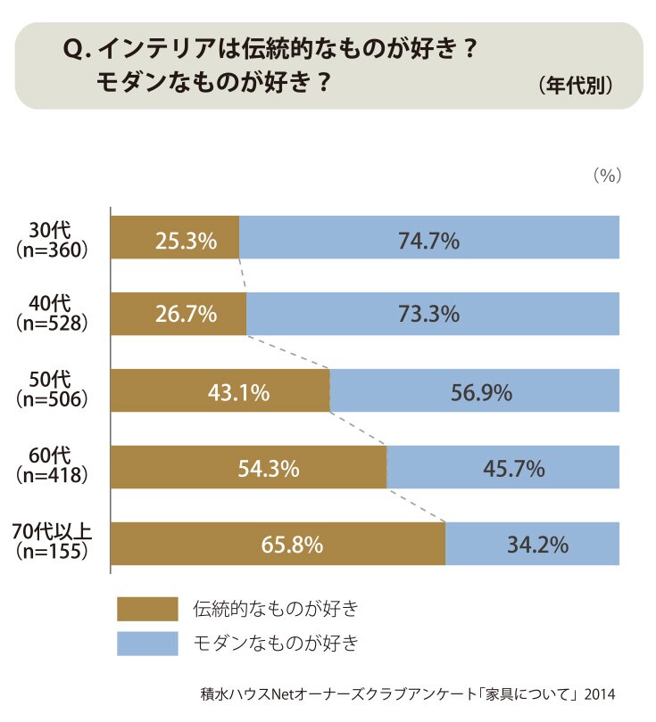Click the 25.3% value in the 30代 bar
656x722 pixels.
point(186,241)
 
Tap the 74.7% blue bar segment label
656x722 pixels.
point(428,241)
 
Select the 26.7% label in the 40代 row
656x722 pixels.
point(186,314)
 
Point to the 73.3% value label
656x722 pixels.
point(428,314)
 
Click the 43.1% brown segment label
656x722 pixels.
point(238,393)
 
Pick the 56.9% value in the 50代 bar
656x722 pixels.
point(481,393)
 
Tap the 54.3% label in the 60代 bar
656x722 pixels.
point(269,469)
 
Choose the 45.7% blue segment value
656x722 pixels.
point(513,469)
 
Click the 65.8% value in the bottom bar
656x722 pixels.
point(292,545)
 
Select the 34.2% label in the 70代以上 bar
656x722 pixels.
point(537,545)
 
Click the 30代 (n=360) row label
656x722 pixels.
point(52,240)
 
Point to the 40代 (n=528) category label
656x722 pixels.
point(52,313)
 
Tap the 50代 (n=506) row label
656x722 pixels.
point(52,390)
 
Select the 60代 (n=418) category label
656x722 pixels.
point(52,465)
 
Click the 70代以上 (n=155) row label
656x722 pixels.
point(52,541)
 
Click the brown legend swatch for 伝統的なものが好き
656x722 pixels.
point(147,609)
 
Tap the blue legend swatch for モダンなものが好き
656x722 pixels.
point(147,644)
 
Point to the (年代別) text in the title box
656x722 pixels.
point(576,86)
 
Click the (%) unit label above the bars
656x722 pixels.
point(607,176)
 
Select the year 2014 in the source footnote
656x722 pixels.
point(600,693)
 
